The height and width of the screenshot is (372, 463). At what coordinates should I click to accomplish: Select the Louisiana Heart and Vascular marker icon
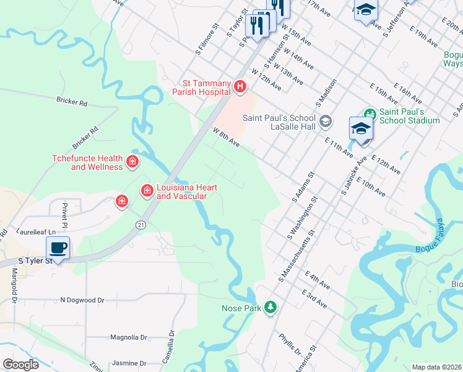[147, 190]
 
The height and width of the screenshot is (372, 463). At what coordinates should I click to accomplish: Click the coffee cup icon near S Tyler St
[58, 248]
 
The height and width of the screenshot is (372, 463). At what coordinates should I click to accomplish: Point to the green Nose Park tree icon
[270, 307]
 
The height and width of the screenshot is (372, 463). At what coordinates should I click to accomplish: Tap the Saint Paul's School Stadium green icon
[370, 114]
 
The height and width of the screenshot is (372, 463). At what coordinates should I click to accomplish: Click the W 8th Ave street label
[226, 137]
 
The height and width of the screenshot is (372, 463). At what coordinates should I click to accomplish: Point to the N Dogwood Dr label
[82, 300]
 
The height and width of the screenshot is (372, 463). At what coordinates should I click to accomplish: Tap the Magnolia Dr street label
[129, 338]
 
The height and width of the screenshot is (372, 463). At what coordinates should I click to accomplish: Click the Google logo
[20, 365]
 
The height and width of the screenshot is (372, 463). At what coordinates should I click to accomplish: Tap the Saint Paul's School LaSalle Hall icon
[326, 122]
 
